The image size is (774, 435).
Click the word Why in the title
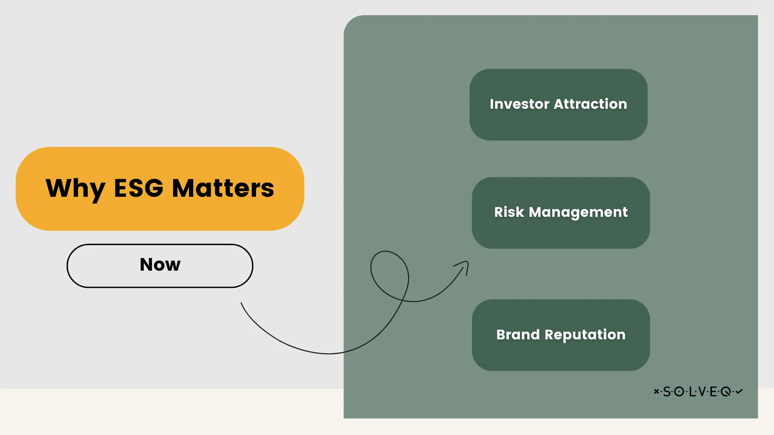[x=75, y=189]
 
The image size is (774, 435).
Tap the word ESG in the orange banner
[x=139, y=188]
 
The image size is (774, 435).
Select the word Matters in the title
[x=223, y=188]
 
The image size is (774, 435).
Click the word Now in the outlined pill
[x=160, y=265]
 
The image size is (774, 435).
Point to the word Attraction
[x=590, y=104]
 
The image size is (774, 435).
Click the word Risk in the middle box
[x=509, y=212]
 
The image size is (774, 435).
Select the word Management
[x=578, y=212]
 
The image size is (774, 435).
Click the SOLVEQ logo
[x=698, y=391]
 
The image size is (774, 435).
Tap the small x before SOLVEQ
[x=656, y=391]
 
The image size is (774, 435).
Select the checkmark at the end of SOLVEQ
[x=739, y=391]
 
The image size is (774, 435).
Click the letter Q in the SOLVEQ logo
[x=726, y=391]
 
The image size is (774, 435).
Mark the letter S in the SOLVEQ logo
[x=667, y=391]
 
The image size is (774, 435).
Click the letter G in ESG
[x=152, y=188]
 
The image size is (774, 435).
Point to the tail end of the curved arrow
[x=241, y=303]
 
